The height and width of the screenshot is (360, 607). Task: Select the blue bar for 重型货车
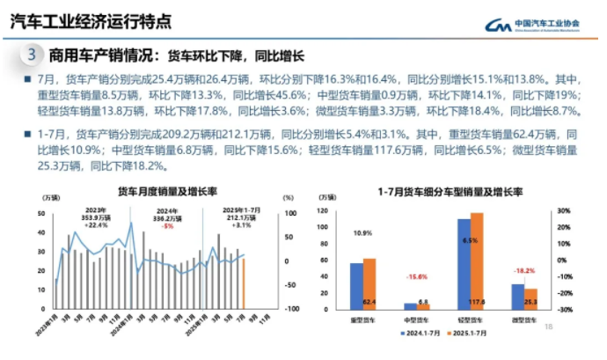click(x=356, y=286)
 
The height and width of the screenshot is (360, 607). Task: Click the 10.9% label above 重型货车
click(x=362, y=234)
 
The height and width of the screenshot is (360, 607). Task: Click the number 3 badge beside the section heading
click(x=32, y=55)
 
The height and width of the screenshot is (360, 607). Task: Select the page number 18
click(x=549, y=328)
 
